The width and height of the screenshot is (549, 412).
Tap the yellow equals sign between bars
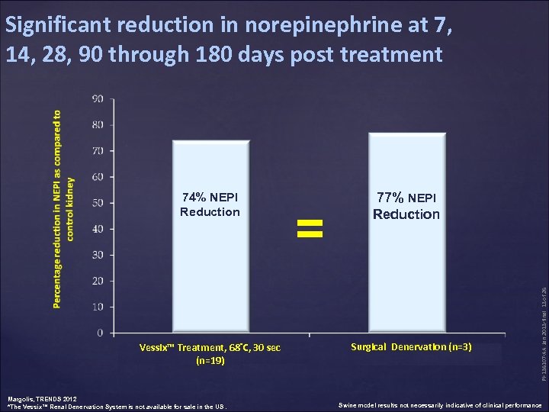coord(310,227)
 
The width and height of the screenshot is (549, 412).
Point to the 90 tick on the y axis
coord(98,98)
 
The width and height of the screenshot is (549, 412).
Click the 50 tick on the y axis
coord(98,203)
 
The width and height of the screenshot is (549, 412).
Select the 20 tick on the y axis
coord(98,281)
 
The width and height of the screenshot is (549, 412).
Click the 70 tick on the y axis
coord(98,151)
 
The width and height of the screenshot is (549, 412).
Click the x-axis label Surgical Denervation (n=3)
coord(411,347)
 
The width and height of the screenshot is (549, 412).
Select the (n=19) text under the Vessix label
coord(210,360)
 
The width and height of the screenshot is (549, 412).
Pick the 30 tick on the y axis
coord(98,255)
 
